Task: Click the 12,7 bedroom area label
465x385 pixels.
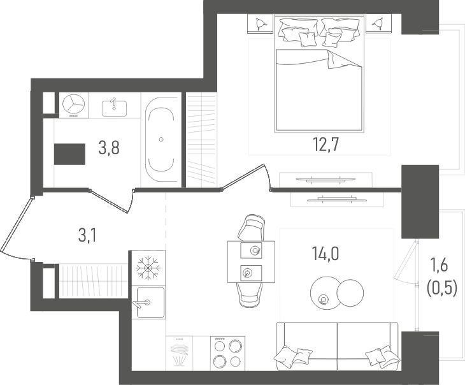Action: pos(325,145)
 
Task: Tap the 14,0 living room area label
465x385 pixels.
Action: pos(325,254)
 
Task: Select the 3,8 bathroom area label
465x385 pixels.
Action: pos(109,148)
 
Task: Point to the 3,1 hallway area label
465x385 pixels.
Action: pos(87,236)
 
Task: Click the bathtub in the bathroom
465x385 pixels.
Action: pos(161,140)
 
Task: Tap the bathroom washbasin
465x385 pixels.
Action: pos(114,108)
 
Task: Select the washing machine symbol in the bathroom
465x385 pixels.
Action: pos(74,105)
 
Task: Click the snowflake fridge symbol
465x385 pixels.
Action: pos(148,268)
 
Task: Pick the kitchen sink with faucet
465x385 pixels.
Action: pos(148,302)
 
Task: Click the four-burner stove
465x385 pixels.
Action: pos(228,353)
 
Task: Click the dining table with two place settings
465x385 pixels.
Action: pos(251,262)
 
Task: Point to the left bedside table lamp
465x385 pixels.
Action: pos(260,23)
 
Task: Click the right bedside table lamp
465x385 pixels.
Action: pos(378,23)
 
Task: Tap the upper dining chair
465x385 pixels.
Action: pos(252,228)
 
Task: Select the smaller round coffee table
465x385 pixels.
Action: pos(350,293)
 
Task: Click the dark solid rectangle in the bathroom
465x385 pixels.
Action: pos(69,154)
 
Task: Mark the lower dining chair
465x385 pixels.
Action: pos(250,294)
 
